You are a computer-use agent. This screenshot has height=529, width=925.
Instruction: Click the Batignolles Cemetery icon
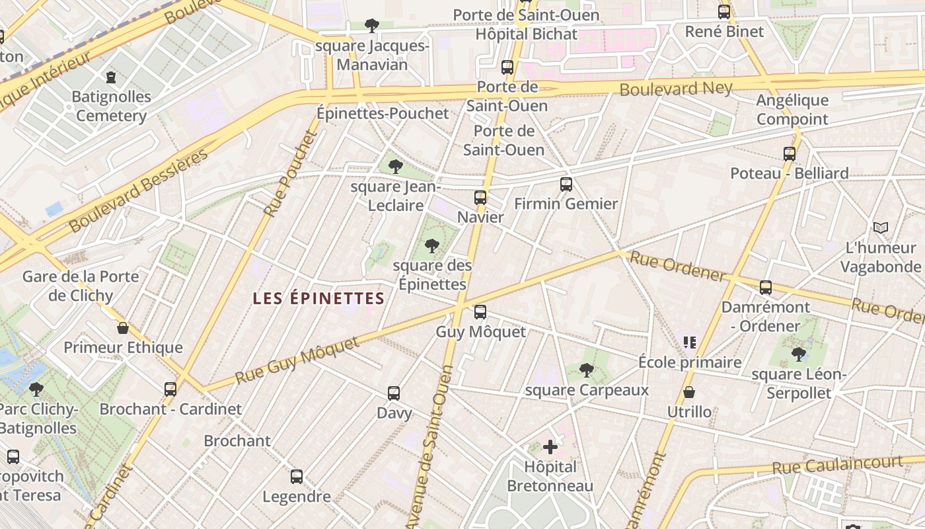[110, 77]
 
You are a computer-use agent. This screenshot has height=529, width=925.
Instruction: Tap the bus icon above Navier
[480, 197]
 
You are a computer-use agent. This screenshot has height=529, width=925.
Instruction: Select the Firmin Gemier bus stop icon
[566, 184]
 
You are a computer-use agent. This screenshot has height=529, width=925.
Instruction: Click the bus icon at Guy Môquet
[480, 311]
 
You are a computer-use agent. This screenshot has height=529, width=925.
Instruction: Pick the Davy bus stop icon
[394, 393]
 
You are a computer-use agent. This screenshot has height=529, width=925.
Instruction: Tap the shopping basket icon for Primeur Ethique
[123, 328]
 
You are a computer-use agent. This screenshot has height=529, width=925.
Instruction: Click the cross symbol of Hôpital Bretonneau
[550, 448]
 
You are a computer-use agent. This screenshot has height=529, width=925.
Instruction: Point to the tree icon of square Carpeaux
[586, 370]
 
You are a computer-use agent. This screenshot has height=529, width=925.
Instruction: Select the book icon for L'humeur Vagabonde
[880, 228]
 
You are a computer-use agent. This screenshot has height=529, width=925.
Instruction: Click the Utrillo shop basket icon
[689, 392]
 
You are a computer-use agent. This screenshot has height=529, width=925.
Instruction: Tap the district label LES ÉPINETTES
[318, 299]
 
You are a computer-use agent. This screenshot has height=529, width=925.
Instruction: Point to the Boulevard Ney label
[676, 89]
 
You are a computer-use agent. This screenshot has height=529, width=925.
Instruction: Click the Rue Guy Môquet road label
[297, 360]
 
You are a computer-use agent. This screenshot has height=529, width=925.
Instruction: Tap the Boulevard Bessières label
[138, 191]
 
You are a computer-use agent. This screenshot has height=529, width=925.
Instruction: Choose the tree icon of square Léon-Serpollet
[799, 354]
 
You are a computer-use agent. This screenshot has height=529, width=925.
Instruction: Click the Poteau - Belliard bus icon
[789, 154]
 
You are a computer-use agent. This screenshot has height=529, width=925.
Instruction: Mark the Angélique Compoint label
[792, 110]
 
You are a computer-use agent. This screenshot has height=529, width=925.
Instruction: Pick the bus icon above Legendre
[297, 476]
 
